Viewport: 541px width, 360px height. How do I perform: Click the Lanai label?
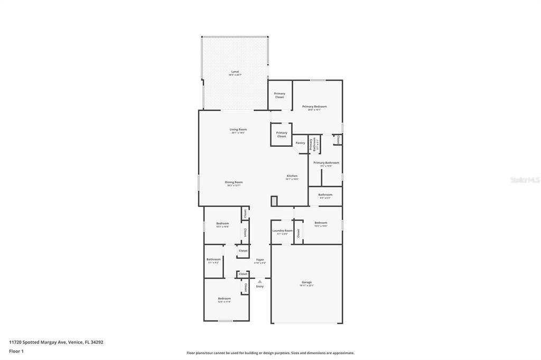click(235, 71)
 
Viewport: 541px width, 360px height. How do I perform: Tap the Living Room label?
click(238, 129)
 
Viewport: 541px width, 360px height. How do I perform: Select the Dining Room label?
click(234, 182)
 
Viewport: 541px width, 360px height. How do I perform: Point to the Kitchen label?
click(292, 176)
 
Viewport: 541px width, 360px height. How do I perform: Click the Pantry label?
click(300, 143)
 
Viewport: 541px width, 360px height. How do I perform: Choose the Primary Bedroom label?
click(314, 107)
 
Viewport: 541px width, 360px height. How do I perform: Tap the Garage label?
click(306, 282)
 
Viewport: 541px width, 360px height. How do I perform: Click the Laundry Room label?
click(282, 231)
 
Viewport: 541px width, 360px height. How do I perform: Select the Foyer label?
click(260, 260)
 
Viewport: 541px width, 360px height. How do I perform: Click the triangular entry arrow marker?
click(260, 281)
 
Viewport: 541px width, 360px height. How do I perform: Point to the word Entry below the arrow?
click(260, 287)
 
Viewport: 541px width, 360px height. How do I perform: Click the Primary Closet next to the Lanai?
click(279, 95)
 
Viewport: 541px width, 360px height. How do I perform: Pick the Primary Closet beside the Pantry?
click(282, 135)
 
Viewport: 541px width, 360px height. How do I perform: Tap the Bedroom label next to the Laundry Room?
click(321, 223)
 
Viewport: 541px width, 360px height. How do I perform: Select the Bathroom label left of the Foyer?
click(213, 259)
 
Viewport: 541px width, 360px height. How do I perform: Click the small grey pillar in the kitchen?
click(274, 201)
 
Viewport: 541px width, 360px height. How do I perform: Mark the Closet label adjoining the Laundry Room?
click(299, 233)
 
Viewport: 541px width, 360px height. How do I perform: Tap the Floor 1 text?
click(17, 351)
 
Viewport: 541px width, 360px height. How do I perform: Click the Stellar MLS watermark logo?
click(524, 180)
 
